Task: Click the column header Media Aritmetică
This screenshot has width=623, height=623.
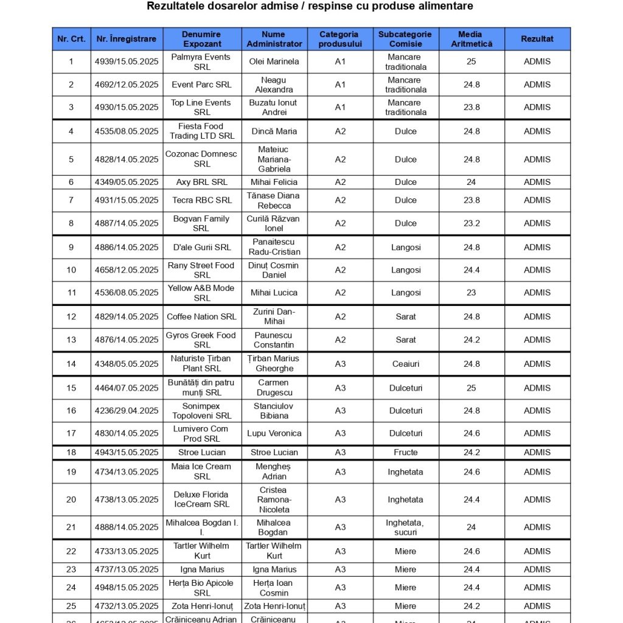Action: [x=471, y=39]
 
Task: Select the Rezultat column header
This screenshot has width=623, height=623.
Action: [x=537, y=39]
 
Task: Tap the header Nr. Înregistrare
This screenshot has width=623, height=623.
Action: [x=127, y=39]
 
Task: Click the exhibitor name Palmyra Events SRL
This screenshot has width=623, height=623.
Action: [x=201, y=61]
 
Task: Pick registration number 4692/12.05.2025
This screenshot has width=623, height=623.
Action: [x=127, y=85]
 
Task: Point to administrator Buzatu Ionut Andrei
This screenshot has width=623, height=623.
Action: [x=274, y=107]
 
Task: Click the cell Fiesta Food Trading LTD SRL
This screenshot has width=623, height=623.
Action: [x=201, y=131]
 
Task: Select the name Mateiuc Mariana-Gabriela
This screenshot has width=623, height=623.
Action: [x=274, y=159]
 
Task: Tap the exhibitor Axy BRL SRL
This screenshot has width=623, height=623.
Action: [x=201, y=182]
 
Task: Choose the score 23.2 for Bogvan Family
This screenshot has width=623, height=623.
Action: [x=472, y=223]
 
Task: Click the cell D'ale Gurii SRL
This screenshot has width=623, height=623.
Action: [x=201, y=247]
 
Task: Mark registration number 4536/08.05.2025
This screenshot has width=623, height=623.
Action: [x=127, y=293]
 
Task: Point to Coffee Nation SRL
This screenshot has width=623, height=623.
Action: [x=201, y=316]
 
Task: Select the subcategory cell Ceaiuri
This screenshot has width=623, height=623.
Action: [x=406, y=364]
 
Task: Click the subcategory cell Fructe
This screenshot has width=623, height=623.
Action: [x=406, y=452]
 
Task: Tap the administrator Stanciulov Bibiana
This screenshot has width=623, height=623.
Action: [x=274, y=411]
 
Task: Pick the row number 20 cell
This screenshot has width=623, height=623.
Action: [x=71, y=499]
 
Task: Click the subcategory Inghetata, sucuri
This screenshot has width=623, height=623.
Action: [x=406, y=527]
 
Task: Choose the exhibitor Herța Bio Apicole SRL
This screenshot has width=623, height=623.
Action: [x=201, y=588]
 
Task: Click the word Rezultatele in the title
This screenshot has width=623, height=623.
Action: [x=178, y=6]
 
